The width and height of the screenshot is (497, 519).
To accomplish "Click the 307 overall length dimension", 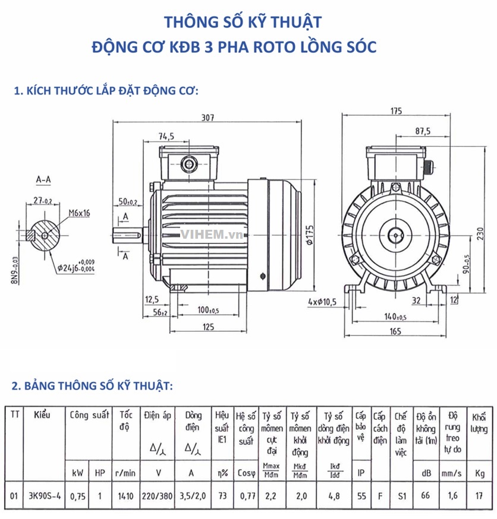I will (207, 118).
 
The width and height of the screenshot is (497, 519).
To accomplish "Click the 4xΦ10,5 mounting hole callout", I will (323, 302).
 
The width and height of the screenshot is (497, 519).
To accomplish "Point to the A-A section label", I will (44, 178).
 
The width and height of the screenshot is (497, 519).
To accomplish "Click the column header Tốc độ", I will (126, 421).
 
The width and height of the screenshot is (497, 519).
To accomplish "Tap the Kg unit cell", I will (479, 473).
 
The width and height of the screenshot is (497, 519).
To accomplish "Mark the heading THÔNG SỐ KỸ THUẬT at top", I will (243, 22).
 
